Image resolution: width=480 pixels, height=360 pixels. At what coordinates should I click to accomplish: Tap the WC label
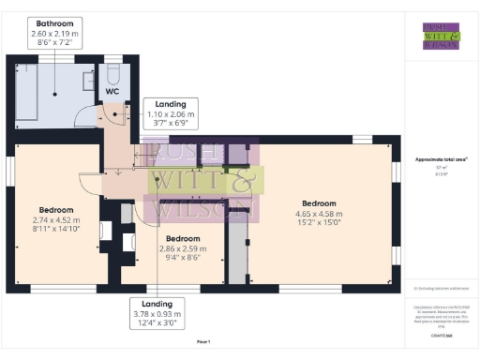click(112, 92)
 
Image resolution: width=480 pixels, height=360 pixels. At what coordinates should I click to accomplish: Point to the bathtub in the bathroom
click(25, 92)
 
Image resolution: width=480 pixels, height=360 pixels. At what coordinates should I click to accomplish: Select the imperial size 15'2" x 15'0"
click(319, 223)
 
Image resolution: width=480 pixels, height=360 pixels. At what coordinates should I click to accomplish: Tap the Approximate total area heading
click(435, 159)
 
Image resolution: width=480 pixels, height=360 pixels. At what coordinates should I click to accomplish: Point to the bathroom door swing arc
click(90, 118)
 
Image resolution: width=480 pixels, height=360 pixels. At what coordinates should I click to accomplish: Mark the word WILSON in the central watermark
click(202, 209)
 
